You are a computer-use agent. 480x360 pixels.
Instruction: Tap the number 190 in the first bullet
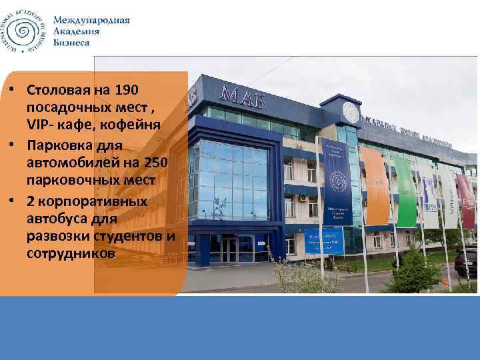point(128,90)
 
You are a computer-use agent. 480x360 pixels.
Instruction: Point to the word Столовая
point(63,90)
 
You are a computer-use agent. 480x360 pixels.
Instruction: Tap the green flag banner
point(405,190)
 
